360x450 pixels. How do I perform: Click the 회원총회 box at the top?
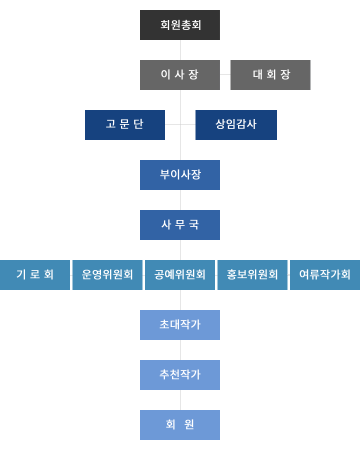tap(180, 25)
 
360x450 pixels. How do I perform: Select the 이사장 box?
tap(180, 75)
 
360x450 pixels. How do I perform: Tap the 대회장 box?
tap(270, 75)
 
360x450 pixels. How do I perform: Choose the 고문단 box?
tap(125, 125)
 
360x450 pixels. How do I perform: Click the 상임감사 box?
tap(236, 125)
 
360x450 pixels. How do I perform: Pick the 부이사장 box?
tap(180, 175)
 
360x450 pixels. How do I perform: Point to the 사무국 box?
tap(180, 225)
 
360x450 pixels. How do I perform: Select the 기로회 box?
tap(35, 275)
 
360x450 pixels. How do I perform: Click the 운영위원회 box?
tap(107, 275)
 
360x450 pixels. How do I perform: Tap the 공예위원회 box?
tap(180, 275)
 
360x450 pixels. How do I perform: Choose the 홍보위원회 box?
tap(252, 275)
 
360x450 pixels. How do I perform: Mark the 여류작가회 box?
tap(325, 275)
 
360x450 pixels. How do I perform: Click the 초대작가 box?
tap(180, 325)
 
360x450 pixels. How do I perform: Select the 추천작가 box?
tap(180, 375)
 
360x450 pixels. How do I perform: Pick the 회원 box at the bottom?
tap(180, 425)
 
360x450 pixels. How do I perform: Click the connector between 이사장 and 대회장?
tap(225, 74)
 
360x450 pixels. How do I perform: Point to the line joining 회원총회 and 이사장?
tap(180, 50)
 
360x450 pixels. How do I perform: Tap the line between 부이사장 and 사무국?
tap(180, 200)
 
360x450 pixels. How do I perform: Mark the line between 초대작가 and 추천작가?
tap(180, 350)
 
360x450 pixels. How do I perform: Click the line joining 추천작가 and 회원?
tap(180, 400)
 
